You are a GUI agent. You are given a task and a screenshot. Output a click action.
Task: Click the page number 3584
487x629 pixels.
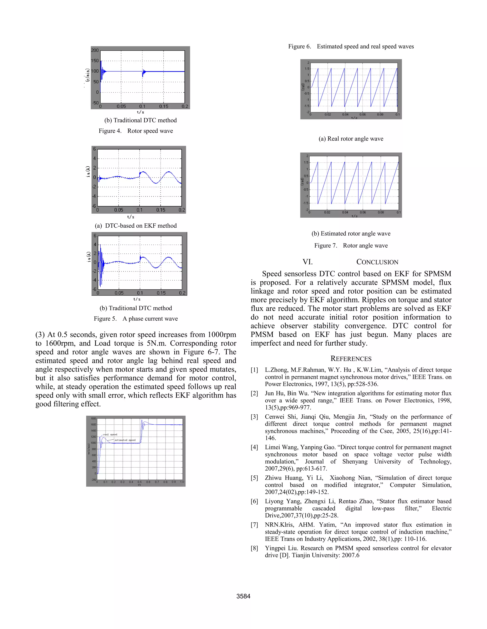tap(243, 596)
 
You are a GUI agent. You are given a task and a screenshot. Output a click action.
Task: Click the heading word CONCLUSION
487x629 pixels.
tap(377, 262)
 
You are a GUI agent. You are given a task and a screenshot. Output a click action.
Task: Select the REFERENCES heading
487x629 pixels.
tap(351, 359)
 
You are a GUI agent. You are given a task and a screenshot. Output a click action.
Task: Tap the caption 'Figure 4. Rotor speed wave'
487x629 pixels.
tap(136, 131)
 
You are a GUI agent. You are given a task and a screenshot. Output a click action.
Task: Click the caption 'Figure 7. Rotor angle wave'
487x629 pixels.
tap(351, 245)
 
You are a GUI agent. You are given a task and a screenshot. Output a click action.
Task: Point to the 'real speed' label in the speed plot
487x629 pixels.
tap(110, 434)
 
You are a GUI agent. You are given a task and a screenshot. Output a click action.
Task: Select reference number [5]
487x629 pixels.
tap(254, 478)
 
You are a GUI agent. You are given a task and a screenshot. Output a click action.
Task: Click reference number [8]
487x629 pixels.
tap(254, 548)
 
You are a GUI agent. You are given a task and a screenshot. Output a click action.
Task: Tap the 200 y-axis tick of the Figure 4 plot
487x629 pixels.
tap(95, 50)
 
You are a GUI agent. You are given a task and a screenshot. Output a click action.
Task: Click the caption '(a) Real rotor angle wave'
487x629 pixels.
tap(351, 139)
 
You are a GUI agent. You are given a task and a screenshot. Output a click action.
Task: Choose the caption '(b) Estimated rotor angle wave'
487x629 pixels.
tap(351, 233)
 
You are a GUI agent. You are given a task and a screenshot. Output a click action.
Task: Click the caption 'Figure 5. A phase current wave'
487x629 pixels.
tap(136, 319)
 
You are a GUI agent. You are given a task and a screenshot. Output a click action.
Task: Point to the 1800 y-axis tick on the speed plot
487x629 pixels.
tap(93, 418)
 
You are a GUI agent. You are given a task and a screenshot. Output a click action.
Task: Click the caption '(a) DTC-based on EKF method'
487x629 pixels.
tap(136, 225)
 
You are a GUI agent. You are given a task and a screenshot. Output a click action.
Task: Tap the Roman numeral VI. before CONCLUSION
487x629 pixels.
tap(307, 262)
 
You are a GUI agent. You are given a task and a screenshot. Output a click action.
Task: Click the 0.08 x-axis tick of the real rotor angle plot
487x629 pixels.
tap(380, 115)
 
